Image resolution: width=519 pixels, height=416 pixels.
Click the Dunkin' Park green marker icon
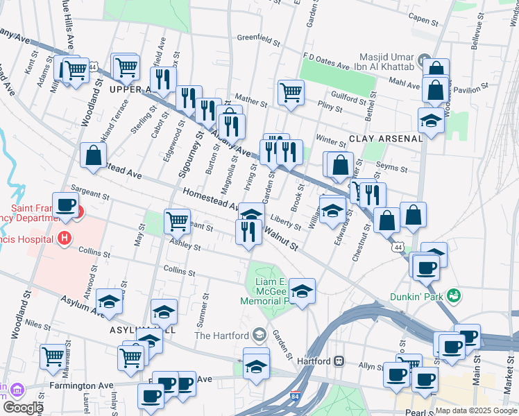pos(454,295)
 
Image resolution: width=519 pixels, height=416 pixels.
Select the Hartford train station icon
pos(339,361)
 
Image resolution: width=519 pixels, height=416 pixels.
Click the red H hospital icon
pos(65,239)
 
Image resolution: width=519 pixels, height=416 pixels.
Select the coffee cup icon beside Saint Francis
pos(66,205)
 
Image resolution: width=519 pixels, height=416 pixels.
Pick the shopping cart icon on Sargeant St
pos(178,221)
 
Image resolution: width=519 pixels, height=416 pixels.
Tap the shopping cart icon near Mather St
pos(291,92)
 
